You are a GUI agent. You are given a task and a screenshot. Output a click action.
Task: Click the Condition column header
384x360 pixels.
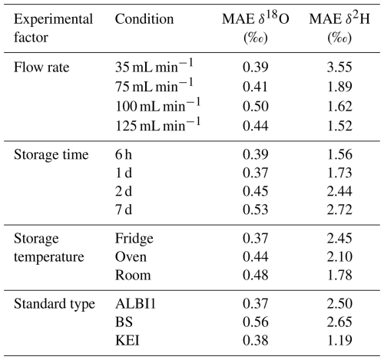click(144, 19)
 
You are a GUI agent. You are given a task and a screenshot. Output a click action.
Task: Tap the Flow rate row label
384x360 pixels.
click(41, 68)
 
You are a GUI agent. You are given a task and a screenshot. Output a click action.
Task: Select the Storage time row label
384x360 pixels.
click(51, 155)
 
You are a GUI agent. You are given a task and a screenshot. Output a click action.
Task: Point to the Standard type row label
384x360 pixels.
click(55, 304)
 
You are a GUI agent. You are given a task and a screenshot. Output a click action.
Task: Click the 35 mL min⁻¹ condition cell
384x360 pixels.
click(154, 66)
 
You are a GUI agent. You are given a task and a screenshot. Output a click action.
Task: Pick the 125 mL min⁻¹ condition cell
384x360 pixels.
click(157, 124)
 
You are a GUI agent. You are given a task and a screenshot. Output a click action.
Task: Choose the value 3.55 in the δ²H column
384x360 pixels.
click(339, 68)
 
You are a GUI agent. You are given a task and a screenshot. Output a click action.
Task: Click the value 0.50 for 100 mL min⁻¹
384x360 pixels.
click(256, 107)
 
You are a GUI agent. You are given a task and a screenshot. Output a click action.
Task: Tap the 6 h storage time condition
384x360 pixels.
click(124, 155)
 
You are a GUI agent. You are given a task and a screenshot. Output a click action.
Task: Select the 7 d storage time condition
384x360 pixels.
click(124, 210)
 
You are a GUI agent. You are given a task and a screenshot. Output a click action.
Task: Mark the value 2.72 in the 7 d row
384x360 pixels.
click(339, 210)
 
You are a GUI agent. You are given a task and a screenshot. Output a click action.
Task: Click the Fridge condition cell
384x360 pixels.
click(134, 239)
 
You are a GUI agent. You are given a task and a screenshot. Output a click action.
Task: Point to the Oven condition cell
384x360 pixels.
click(131, 257)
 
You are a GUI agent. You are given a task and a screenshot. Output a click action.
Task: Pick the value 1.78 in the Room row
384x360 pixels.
click(339, 276)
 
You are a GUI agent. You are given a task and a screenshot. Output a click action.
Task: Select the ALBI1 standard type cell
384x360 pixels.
click(135, 304)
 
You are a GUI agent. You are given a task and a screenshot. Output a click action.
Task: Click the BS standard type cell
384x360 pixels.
click(124, 322)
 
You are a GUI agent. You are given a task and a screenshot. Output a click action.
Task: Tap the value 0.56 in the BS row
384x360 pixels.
click(256, 322)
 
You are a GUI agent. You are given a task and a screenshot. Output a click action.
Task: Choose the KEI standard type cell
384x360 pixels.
click(127, 341)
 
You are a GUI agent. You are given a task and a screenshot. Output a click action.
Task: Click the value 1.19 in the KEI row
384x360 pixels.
click(339, 341)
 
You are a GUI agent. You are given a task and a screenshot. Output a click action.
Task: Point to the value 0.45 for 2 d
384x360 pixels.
click(256, 191)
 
